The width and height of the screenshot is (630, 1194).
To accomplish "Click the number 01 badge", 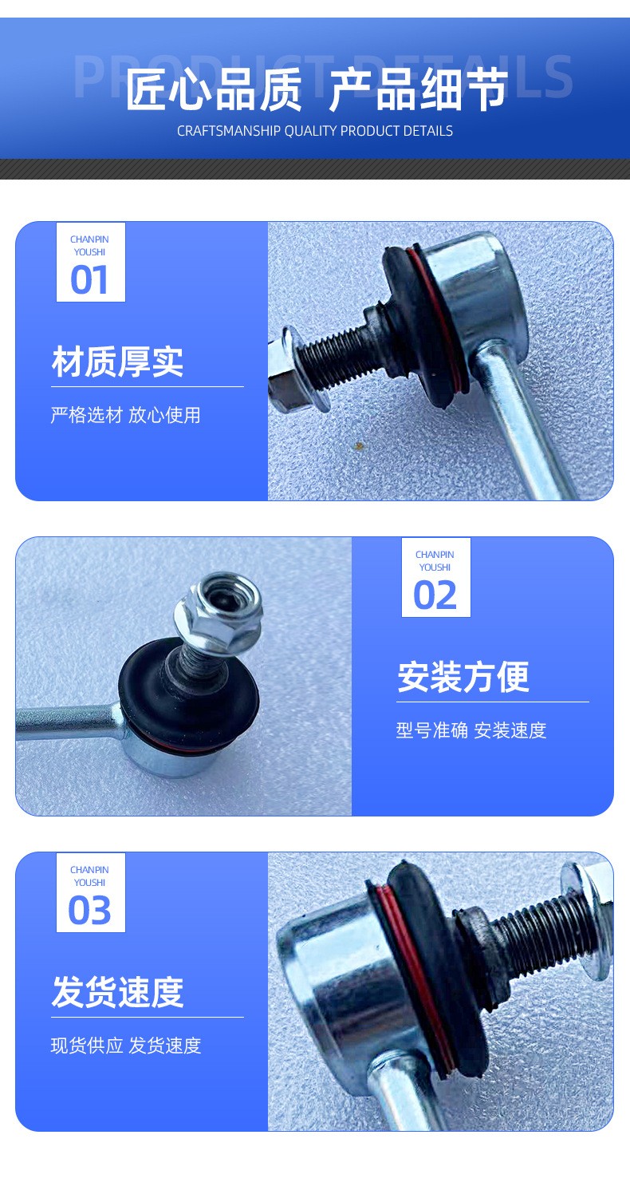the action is point(91,263).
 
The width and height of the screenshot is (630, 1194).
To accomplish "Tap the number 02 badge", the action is point(435,577).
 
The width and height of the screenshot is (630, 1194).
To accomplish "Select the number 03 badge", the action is point(91,893).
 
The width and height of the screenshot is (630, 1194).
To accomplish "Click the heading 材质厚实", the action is point(118,362).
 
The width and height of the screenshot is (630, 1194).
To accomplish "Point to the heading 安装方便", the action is point(463,677).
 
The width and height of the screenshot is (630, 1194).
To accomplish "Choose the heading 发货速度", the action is point(118,992).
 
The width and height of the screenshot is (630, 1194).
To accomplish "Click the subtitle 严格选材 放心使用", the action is point(126,415).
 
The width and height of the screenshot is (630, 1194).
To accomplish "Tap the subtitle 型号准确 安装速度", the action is point(471,730).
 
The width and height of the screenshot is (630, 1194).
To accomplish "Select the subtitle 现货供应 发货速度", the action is point(126,1046).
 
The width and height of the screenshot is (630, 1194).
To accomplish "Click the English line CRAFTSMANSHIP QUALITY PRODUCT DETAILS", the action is point(315,131).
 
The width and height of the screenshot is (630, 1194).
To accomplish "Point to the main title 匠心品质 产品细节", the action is point(317,89).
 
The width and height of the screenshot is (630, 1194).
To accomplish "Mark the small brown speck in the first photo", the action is point(360,445).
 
